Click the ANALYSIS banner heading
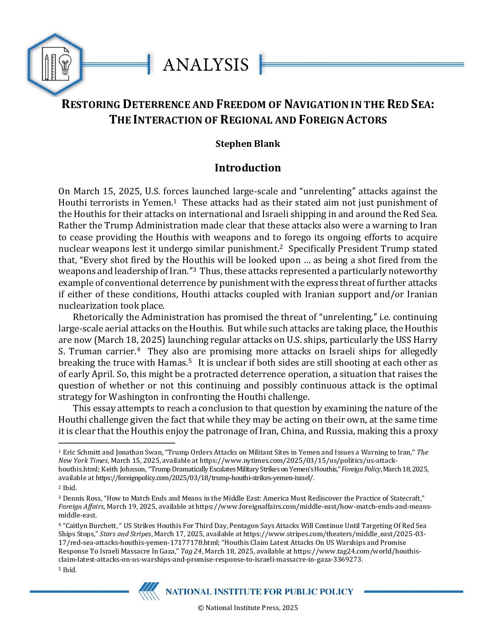click(206, 65)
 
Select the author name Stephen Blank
click(248, 144)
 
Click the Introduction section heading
click(248, 168)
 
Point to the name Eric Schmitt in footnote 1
click(82, 452)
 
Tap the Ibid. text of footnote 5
click(70, 570)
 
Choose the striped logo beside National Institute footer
click(149, 591)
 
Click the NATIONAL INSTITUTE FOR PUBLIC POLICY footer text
click(259, 592)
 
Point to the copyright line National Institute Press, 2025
click(248, 608)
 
